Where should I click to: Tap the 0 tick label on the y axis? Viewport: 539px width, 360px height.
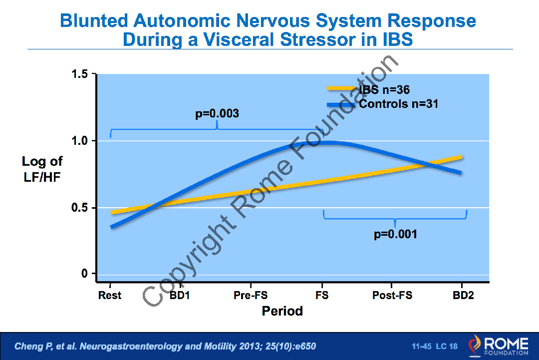[x=85, y=274]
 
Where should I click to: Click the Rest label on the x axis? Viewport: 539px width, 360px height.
[x=110, y=295]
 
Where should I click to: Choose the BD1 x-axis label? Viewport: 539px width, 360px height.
[x=180, y=295]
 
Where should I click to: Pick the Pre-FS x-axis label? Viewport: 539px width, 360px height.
[x=251, y=295]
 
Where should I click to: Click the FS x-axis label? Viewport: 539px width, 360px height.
[x=322, y=295]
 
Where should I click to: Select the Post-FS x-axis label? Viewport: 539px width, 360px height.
[x=392, y=295]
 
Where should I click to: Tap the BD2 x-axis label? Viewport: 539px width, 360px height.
[x=463, y=295]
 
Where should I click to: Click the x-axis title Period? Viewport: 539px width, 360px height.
[x=282, y=311]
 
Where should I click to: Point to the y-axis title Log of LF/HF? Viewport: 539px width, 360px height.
[x=42, y=168]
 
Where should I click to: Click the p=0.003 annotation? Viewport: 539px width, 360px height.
[x=217, y=114]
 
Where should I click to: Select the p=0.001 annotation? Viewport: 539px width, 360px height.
[x=395, y=234]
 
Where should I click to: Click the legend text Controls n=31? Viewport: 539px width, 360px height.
[x=398, y=104]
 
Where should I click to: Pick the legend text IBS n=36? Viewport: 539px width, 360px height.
[x=384, y=90]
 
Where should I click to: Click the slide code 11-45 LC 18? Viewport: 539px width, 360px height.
[x=434, y=346]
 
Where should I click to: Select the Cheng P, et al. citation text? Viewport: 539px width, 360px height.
[x=165, y=346]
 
